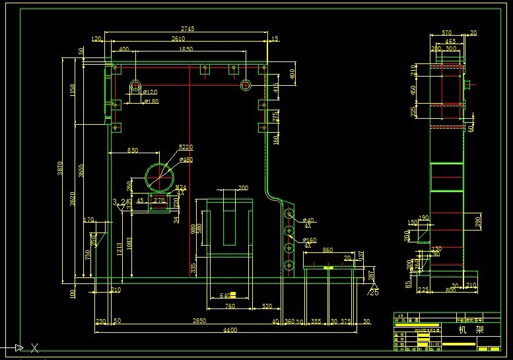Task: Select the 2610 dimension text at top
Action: [178, 39]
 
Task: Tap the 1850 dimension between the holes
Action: [186, 50]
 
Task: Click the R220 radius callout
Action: [186, 147]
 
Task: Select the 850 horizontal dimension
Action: [133, 151]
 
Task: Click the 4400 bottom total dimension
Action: [230, 330]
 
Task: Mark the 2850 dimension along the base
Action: [199, 320]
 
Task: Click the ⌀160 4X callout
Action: [310, 241]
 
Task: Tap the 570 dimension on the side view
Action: [446, 32]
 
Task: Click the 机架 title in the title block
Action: [465, 329]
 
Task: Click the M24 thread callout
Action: [181, 188]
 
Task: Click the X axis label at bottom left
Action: [34, 347]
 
